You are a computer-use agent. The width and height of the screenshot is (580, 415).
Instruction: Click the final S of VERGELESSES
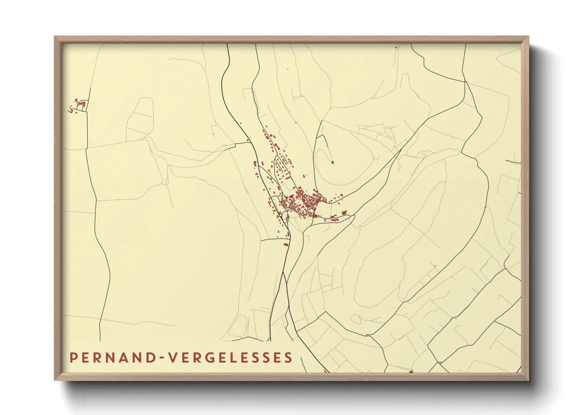[288, 358]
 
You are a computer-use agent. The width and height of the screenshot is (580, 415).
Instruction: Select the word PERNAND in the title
[111, 358]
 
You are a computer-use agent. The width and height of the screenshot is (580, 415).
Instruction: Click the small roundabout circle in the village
[281, 215]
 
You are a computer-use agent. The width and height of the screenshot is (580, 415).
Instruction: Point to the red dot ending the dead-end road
[332, 162]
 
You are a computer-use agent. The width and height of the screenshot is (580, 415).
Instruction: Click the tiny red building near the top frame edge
[396, 47]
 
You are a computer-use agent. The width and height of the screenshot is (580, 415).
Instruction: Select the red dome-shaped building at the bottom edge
[411, 371]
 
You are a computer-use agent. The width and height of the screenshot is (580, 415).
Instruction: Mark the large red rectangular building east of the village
[344, 213]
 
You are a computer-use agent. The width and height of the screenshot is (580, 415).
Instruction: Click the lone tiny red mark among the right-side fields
[435, 266]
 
